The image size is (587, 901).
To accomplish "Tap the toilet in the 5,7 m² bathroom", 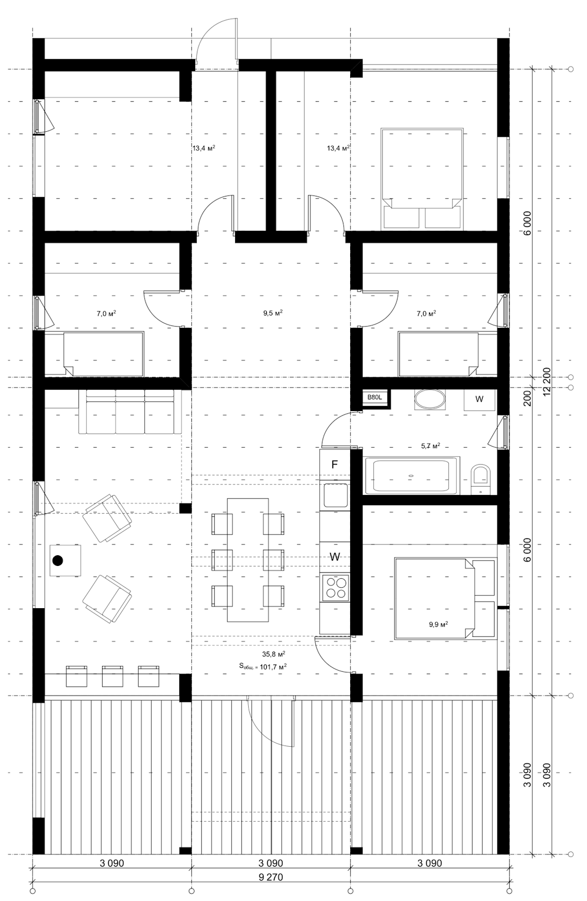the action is click(480, 479).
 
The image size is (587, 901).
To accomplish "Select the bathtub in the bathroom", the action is click(411, 475).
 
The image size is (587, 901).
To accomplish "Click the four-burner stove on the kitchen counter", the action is click(335, 588).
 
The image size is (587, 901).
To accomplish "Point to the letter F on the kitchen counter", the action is click(334, 465).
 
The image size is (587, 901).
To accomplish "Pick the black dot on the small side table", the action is click(58, 560).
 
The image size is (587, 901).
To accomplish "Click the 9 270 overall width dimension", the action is click(270, 877).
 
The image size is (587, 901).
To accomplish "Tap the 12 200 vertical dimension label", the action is click(547, 381).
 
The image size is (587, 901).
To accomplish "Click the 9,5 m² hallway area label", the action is click(273, 313).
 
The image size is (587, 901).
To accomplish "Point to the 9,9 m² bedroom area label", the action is click(438, 625).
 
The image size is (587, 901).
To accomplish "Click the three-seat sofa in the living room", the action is click(130, 411).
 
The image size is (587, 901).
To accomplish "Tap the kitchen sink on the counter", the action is click(335, 496).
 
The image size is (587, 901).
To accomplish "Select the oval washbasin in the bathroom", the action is click(430, 400).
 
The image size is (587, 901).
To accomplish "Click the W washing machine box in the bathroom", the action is click(479, 399).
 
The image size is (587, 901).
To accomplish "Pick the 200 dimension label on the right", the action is click(527, 398).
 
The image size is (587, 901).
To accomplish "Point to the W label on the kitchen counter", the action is click(334, 557).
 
